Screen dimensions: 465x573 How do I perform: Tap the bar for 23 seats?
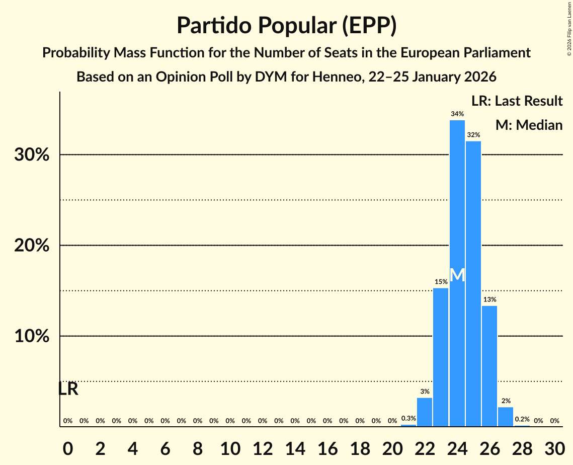441,357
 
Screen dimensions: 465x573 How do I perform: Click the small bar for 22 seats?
425,412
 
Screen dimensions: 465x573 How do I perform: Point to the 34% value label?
457,114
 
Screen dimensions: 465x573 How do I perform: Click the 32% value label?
473,135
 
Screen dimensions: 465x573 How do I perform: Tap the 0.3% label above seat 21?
408,418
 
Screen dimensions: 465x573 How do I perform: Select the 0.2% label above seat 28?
522,419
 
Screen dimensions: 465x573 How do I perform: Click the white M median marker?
457,275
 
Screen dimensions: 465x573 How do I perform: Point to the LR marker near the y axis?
68,389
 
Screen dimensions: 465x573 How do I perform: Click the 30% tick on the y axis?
32,155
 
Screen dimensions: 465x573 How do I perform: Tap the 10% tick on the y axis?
32,336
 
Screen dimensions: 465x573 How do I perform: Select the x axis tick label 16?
327,447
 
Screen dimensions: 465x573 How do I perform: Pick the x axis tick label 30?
554,447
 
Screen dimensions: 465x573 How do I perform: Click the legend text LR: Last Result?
517,101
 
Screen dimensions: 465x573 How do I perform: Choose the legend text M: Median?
529,125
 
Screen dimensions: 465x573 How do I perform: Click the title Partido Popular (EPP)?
286,25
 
